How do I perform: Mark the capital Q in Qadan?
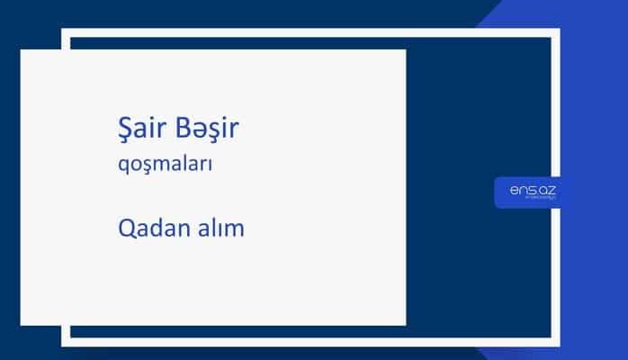pos(127,229)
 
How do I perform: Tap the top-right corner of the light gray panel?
pos(405,50)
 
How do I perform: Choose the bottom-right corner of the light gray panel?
pos(405,324)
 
